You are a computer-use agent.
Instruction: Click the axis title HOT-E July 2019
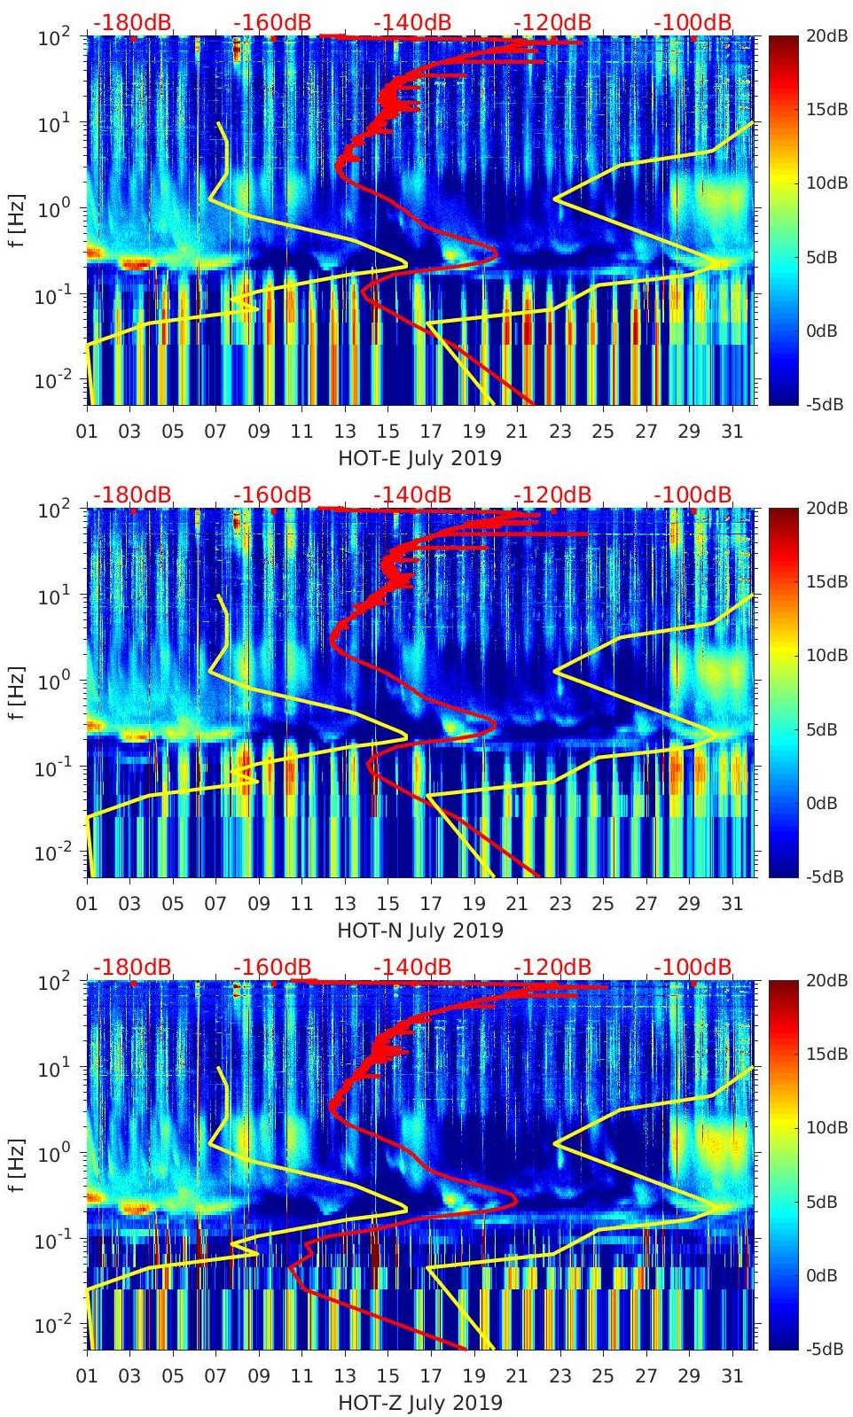coord(419,458)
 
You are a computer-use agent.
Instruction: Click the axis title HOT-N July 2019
coord(419,930)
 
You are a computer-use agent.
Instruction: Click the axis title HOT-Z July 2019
coord(419,1403)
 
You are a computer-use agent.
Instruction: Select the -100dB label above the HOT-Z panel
coord(693,967)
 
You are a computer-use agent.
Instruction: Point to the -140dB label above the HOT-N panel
coord(412,494)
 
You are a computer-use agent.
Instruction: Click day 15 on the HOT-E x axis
coord(387,432)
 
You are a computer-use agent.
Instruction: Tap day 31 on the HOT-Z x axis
coord(732,1376)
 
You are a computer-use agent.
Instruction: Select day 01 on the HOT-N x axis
coord(87,904)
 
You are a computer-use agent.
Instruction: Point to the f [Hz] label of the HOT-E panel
coord(18,221)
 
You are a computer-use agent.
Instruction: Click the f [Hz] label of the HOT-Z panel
coord(18,1165)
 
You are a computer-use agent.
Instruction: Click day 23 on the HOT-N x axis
coord(560,904)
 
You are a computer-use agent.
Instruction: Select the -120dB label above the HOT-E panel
coord(552,22)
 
